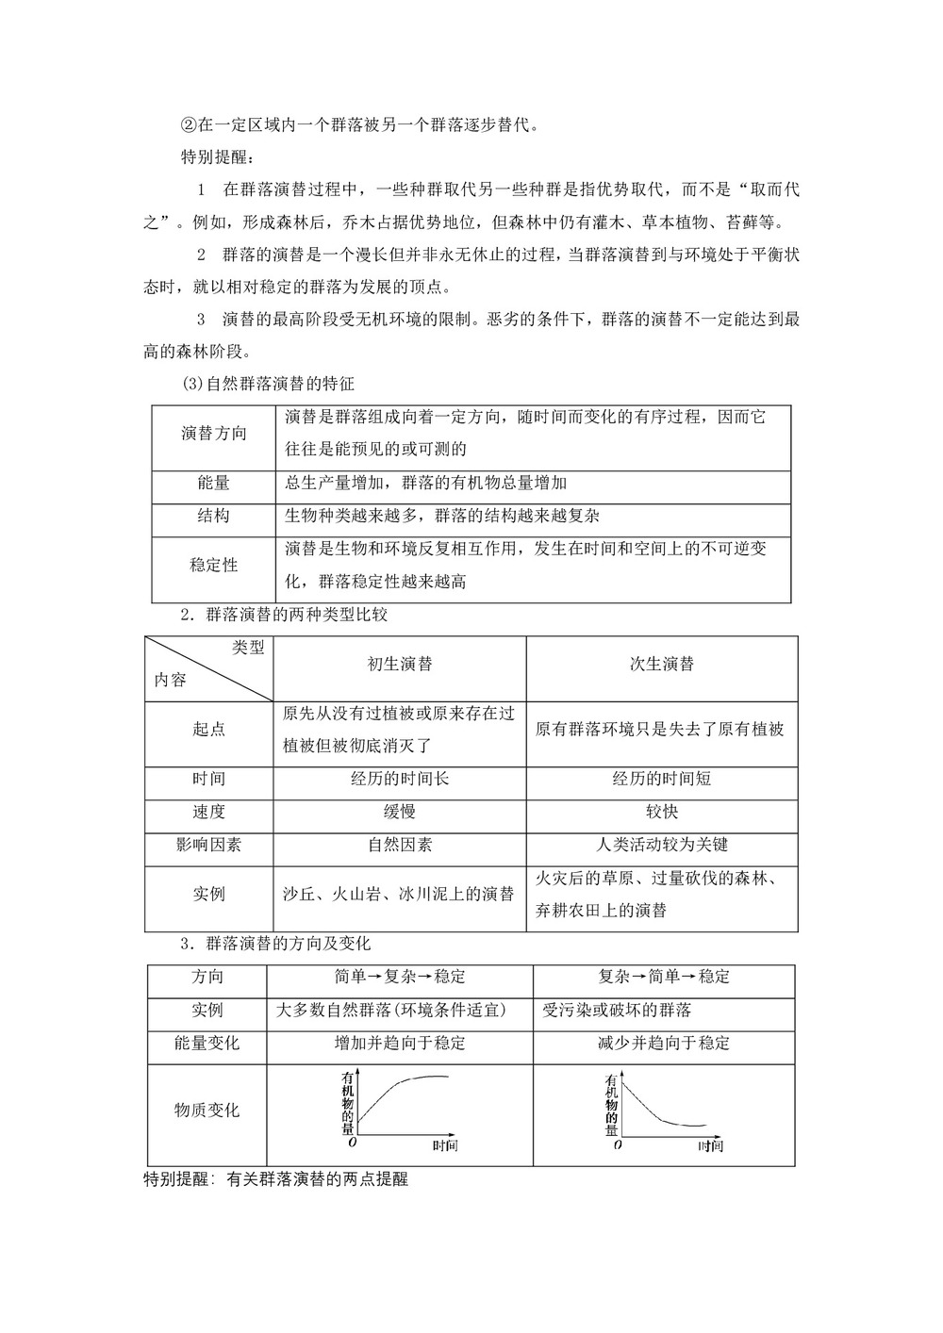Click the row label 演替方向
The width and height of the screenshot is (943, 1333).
[x=214, y=434]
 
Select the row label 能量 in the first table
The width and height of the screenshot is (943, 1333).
[x=214, y=484]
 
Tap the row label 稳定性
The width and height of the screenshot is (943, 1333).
[x=214, y=565]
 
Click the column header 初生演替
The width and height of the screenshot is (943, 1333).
[x=400, y=664]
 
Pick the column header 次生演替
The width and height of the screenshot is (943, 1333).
[x=662, y=664]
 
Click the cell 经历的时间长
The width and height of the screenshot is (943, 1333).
[x=400, y=779]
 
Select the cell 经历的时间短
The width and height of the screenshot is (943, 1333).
[x=662, y=779]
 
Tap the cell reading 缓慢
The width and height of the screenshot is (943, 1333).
[x=400, y=812]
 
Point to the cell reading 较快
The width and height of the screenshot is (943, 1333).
[x=662, y=812]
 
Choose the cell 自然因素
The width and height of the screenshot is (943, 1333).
[x=400, y=845]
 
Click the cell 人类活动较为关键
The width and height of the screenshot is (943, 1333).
[x=662, y=845]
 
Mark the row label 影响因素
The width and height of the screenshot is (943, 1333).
[x=208, y=845]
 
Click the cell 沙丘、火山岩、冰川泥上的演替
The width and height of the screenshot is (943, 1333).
[x=399, y=894]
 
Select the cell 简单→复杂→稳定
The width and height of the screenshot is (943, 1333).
[x=400, y=977]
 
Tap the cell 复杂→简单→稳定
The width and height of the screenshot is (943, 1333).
[x=664, y=977]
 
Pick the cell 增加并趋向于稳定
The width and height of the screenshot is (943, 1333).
[x=400, y=1043]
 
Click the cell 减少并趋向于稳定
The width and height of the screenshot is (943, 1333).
[x=664, y=1043]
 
